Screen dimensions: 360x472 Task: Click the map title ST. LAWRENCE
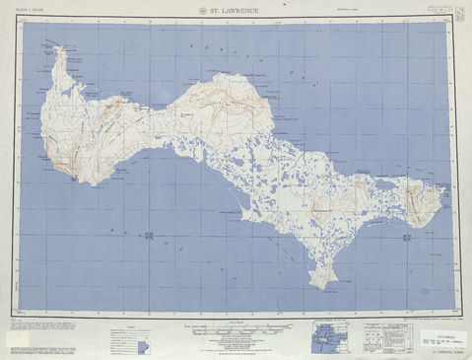236,13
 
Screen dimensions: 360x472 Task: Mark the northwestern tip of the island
61,46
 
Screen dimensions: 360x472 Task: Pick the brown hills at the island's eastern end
431,207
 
